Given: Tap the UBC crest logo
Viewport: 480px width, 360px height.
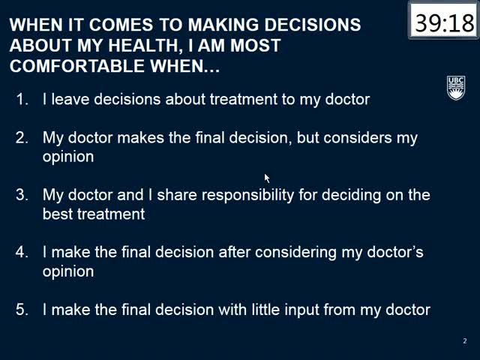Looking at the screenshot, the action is (x=456, y=88).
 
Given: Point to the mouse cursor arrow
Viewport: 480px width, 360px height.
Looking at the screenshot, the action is (x=267, y=178).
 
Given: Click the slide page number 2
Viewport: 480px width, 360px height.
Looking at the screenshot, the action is (x=465, y=340).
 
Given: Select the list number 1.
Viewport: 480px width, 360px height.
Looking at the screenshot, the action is (x=22, y=99).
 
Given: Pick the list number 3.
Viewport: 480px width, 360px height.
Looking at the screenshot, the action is (x=22, y=195).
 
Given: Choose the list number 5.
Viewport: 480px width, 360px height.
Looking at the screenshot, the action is (x=22, y=310).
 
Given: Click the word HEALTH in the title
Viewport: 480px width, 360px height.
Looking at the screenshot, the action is (x=143, y=46).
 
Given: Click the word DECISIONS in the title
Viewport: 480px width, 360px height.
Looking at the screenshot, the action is (x=313, y=25).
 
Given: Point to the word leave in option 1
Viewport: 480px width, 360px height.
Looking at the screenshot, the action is (x=70, y=99).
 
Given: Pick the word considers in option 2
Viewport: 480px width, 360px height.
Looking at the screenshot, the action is (x=358, y=138).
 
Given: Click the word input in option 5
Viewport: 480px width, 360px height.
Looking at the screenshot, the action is (x=301, y=310).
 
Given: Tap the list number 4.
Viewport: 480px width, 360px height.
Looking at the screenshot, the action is (x=22, y=252).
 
